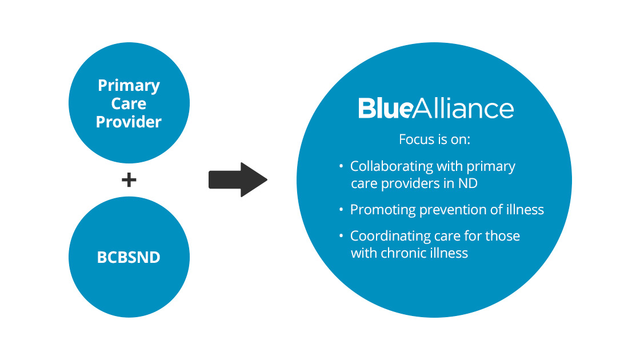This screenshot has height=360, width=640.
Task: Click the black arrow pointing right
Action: tap(238, 179)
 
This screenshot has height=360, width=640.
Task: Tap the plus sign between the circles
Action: tap(129, 179)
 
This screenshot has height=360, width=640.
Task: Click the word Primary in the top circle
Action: tap(129, 86)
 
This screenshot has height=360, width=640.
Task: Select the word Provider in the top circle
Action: tap(129, 122)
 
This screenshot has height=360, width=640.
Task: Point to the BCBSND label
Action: tap(129, 257)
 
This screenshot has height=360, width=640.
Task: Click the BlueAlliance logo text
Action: tap(436, 108)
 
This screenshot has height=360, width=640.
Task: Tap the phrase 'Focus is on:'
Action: tap(434, 139)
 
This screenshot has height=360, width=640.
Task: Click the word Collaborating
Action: tap(391, 166)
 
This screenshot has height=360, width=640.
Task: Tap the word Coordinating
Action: tap(390, 236)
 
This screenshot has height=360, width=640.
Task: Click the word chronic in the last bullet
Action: tap(398, 253)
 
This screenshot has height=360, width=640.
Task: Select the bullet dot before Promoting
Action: tap(341, 210)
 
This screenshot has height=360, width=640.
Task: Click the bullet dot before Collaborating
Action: tap(341, 166)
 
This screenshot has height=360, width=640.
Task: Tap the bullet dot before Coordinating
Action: tap(341, 236)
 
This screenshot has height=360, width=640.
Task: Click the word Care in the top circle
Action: tap(129, 103)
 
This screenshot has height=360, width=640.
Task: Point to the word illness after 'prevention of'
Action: tap(525, 210)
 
